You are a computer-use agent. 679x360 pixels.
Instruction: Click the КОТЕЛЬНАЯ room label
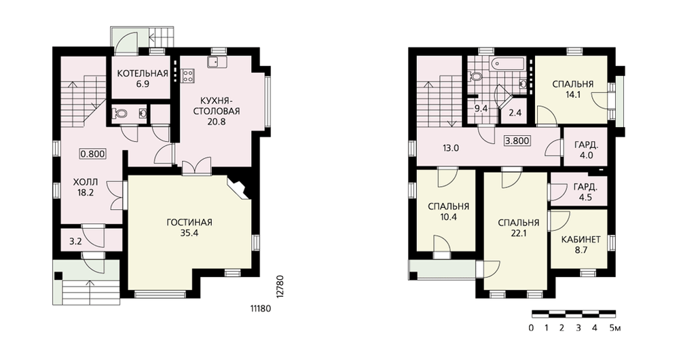143,73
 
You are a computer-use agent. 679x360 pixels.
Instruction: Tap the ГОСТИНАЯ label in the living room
189,223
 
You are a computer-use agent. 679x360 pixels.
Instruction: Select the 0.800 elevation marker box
93,154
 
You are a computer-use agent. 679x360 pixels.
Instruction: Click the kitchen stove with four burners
188,76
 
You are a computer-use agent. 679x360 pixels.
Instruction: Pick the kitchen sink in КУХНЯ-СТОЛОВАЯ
216,62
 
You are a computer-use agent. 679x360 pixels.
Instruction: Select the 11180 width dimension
260,308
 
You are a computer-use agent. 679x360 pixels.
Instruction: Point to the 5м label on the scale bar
615,328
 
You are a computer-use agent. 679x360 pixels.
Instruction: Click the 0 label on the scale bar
531,328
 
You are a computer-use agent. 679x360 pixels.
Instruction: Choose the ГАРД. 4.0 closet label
587,150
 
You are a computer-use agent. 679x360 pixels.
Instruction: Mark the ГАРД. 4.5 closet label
585,193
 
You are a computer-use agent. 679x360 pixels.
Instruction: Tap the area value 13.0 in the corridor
450,148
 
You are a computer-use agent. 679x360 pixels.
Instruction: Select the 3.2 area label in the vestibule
75,242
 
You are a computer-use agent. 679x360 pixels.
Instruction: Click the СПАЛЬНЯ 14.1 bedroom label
572,89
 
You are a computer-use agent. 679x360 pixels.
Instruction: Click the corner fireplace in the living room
238,188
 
